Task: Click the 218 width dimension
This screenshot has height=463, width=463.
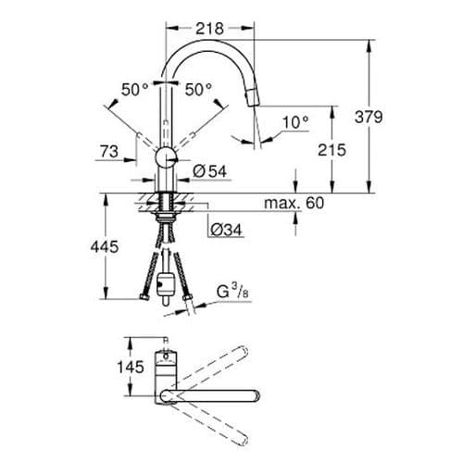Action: [211, 29]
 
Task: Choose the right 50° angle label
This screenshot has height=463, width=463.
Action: [199, 91]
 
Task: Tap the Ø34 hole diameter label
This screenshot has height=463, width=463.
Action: [225, 229]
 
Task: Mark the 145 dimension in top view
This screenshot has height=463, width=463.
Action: [131, 367]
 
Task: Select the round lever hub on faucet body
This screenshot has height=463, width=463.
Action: [165, 156]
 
